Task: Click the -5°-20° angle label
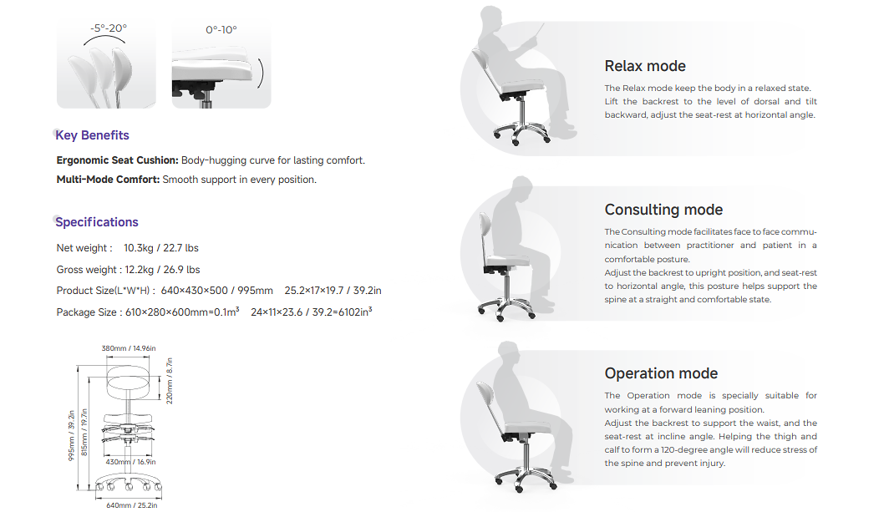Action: (x=109, y=28)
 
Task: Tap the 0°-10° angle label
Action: (x=221, y=29)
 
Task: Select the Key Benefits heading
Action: (x=93, y=135)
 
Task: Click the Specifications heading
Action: (x=97, y=221)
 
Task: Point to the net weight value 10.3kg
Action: (x=139, y=248)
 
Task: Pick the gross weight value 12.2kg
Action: (x=140, y=269)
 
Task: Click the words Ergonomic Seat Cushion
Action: (x=117, y=160)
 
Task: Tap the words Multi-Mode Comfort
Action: (x=109, y=180)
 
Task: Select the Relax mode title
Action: (x=645, y=66)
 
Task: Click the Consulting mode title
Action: (x=663, y=210)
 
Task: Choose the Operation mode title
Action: (x=661, y=373)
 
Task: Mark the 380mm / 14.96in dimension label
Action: (x=129, y=348)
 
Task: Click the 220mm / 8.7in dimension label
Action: (x=169, y=381)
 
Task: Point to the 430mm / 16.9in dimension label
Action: (x=130, y=462)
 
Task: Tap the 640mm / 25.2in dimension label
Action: (x=131, y=504)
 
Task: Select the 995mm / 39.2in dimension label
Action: (x=72, y=435)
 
